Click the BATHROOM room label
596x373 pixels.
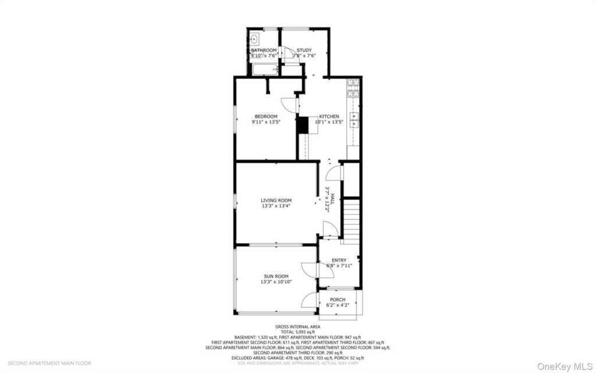tap(264, 50)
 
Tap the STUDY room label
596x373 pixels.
tap(304, 50)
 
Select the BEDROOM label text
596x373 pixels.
tap(265, 117)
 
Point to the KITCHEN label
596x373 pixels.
tap(328, 117)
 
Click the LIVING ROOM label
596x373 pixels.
tap(276, 200)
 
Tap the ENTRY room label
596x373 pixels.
tap(339, 260)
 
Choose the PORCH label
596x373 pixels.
tap(338, 300)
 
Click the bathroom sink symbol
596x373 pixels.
tap(255, 40)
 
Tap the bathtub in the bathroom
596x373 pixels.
tap(265, 71)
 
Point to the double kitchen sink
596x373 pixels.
tap(354, 119)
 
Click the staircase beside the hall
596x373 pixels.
tap(351, 220)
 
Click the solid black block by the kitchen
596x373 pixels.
tap(302, 126)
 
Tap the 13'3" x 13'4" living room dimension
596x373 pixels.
tap(276, 206)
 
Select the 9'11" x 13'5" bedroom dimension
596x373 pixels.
tap(265, 122)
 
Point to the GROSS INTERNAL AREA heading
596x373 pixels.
tap(297, 327)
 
